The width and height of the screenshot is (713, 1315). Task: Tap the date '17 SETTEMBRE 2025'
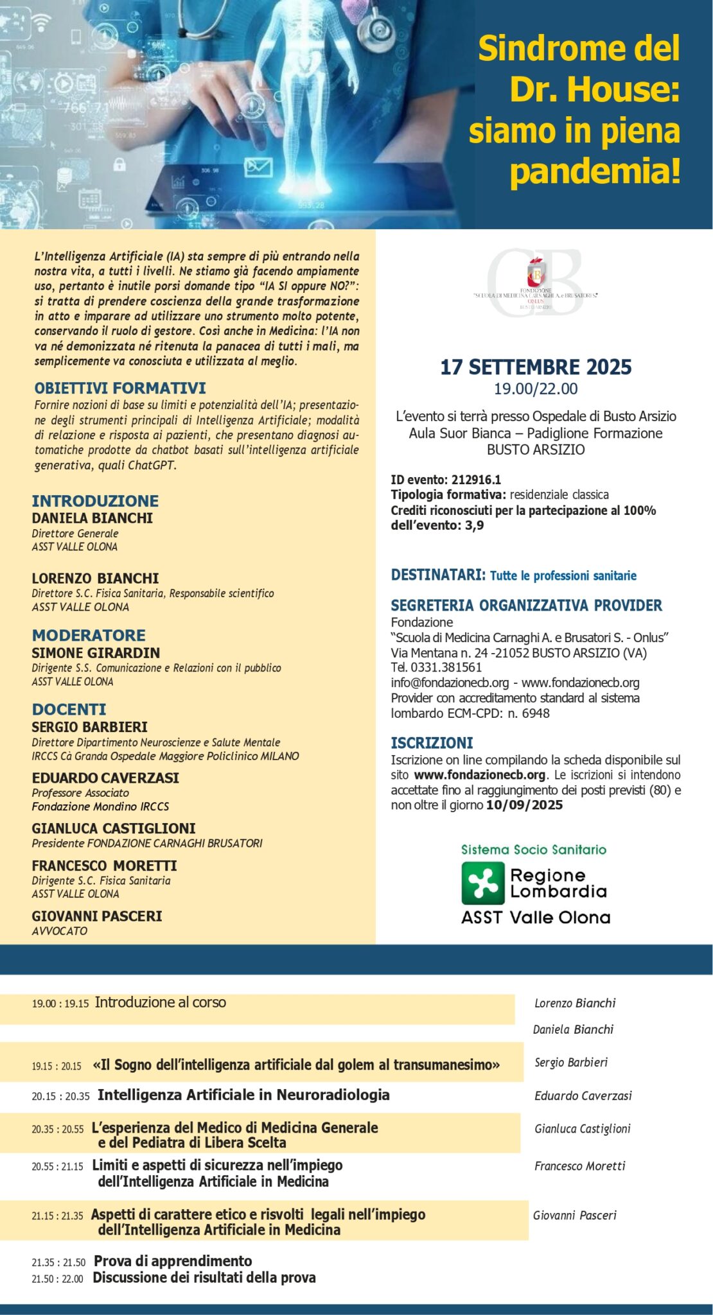[536, 367]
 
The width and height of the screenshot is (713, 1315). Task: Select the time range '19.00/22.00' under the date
[536, 388]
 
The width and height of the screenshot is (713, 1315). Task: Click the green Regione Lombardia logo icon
[483, 883]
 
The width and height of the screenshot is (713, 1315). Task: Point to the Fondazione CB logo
[535, 283]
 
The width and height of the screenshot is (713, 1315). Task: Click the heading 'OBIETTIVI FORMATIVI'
[120, 388]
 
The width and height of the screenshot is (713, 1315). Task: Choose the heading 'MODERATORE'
[89, 635]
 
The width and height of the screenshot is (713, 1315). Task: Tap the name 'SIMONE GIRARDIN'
[96, 653]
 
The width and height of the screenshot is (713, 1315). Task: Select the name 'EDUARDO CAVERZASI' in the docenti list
[105, 778]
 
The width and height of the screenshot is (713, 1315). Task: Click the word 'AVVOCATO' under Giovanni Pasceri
[60, 931]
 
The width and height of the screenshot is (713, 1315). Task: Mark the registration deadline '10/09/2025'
[524, 805]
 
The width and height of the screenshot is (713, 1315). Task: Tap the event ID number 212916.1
[476, 480]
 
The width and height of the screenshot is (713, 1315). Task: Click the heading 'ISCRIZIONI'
[432, 743]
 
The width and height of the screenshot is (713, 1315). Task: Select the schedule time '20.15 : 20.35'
[60, 1097]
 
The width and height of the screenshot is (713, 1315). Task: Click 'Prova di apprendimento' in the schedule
[173, 1261]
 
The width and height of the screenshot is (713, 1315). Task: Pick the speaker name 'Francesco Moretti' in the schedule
[579, 1166]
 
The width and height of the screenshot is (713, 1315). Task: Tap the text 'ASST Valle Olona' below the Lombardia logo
[535, 918]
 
